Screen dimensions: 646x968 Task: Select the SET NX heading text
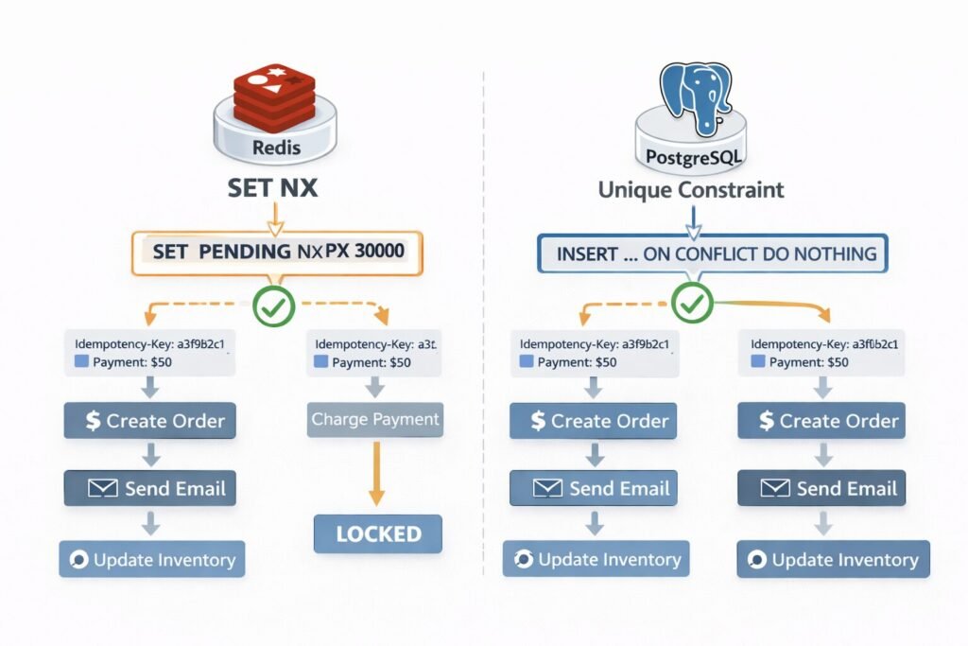pyautogui.click(x=273, y=187)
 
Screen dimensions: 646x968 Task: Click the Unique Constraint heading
pyautogui.click(x=691, y=190)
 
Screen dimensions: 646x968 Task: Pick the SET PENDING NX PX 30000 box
pyautogui.click(x=275, y=253)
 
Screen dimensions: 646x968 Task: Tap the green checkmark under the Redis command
pyautogui.click(x=274, y=306)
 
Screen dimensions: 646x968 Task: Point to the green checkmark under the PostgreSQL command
pyautogui.click(x=692, y=305)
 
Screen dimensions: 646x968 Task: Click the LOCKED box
pyautogui.click(x=378, y=533)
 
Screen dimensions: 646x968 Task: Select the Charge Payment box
pyautogui.click(x=375, y=419)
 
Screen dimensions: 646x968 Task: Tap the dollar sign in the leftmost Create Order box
pyautogui.click(x=93, y=421)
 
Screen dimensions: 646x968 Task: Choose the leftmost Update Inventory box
pyautogui.click(x=152, y=560)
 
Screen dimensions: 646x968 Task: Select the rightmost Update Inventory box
pyautogui.click(x=833, y=560)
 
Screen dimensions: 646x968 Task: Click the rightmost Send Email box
pyautogui.click(x=821, y=489)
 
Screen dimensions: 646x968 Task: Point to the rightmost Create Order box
pyautogui.click(x=821, y=421)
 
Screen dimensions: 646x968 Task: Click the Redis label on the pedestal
pyautogui.click(x=276, y=148)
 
